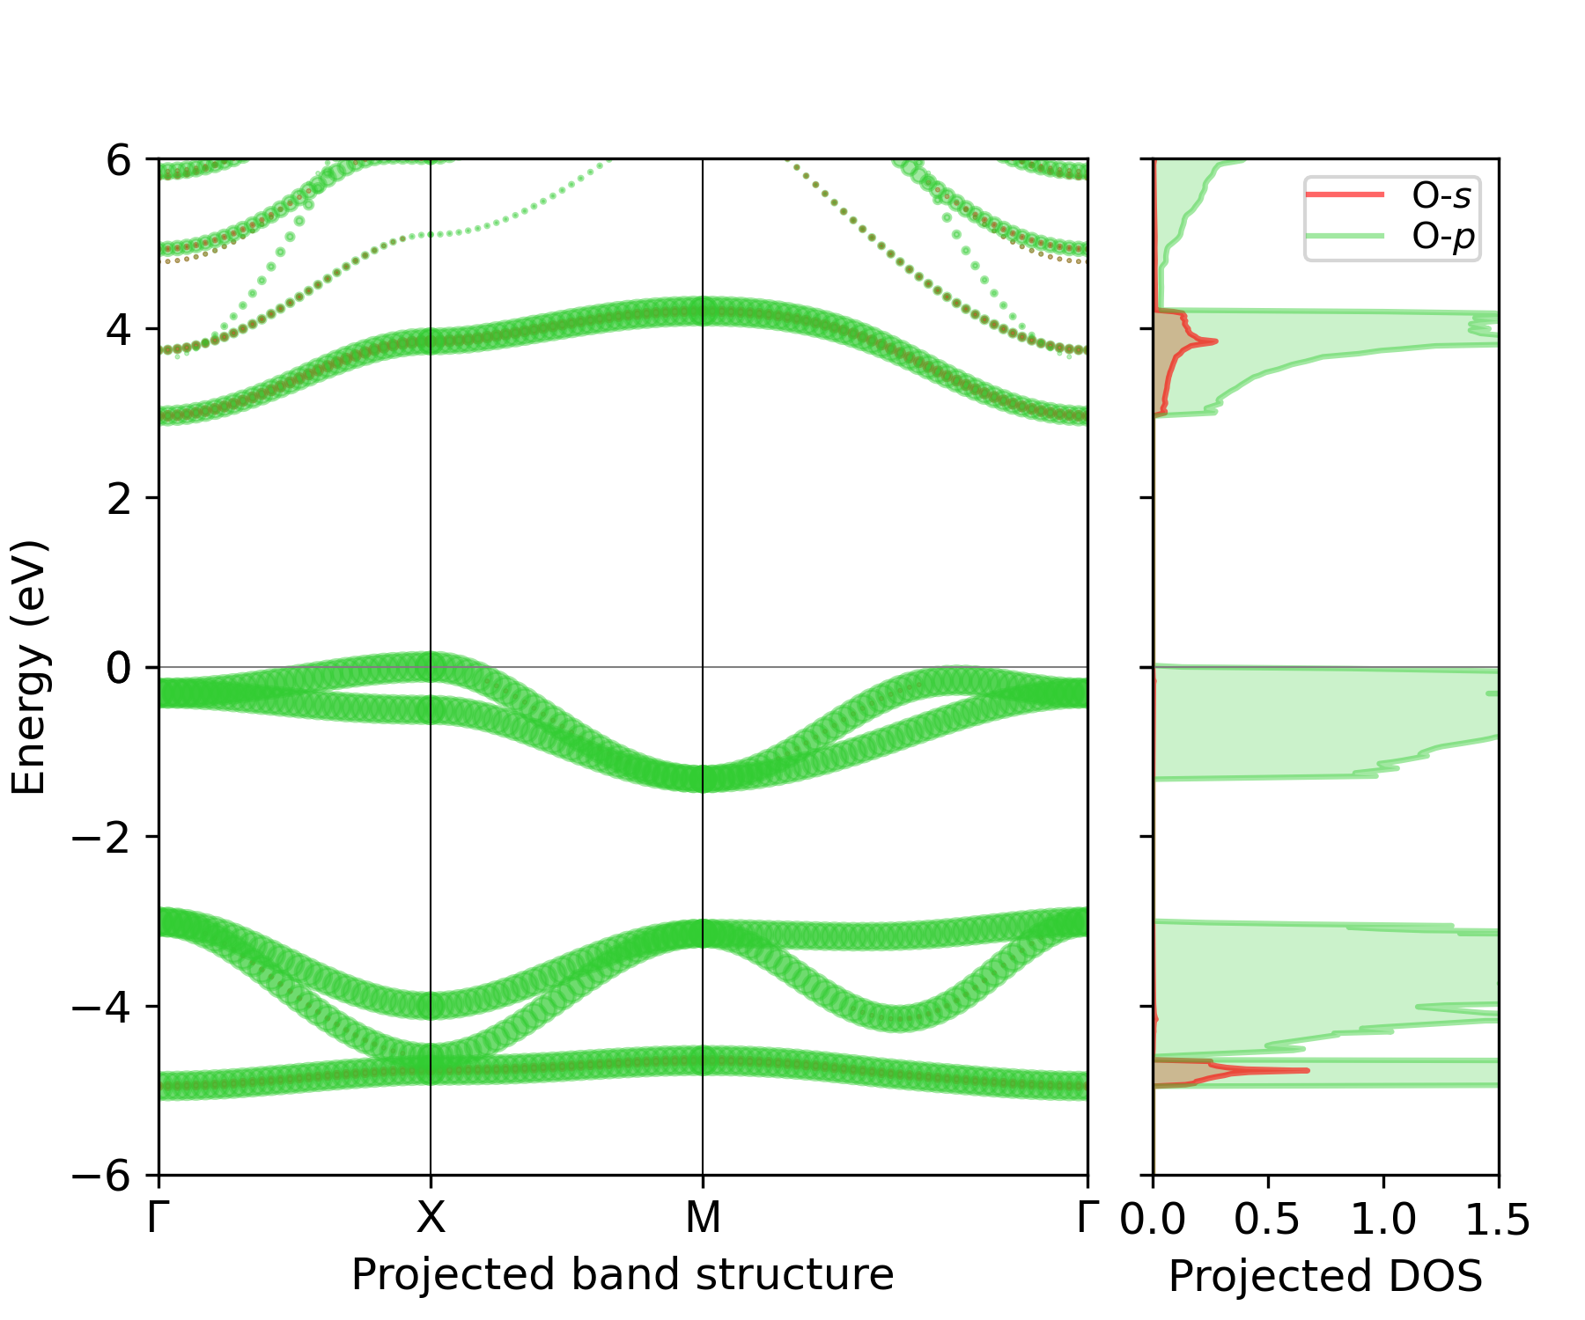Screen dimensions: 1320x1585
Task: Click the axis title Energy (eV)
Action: pos(28,668)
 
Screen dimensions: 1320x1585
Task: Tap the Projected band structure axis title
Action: pos(623,1274)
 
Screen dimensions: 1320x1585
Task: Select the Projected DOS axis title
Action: pos(1325,1276)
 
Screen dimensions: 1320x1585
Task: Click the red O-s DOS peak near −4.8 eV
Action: pos(1307,1070)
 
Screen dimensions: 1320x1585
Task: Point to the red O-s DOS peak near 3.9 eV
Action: pos(1215,341)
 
